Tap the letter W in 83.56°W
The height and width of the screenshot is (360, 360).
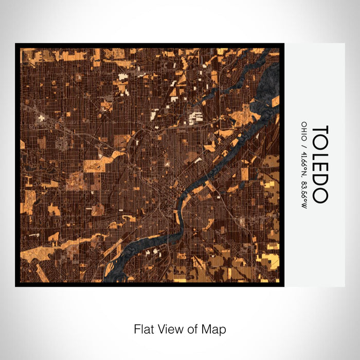[x=304, y=205]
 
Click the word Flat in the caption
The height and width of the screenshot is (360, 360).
[x=143, y=329]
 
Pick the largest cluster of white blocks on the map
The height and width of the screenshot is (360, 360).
[x=195, y=118]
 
